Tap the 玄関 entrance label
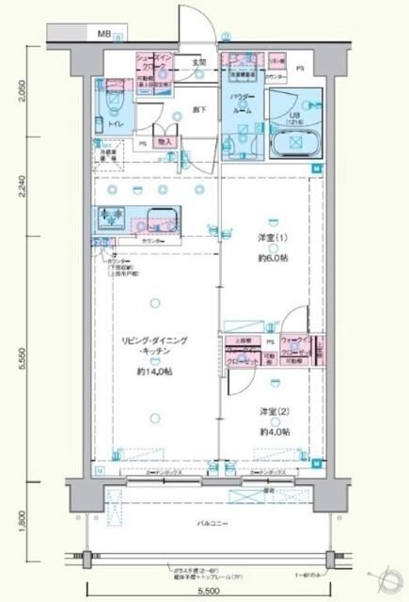[199, 63]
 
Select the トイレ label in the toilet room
[118, 124]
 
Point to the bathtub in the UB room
[291, 143]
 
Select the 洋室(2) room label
[273, 412]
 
